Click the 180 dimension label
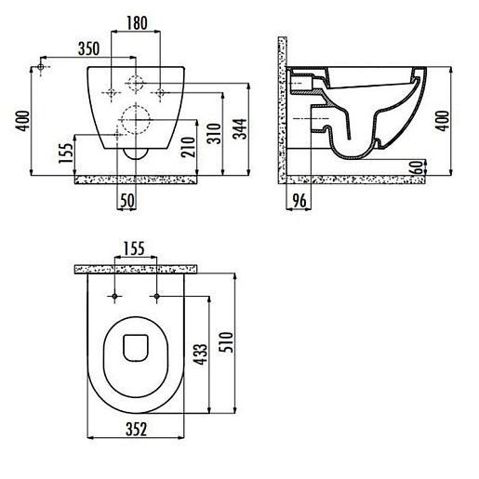[137, 21]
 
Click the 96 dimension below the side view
[299, 201]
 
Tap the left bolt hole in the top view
[115, 297]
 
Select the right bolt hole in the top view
[157, 297]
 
